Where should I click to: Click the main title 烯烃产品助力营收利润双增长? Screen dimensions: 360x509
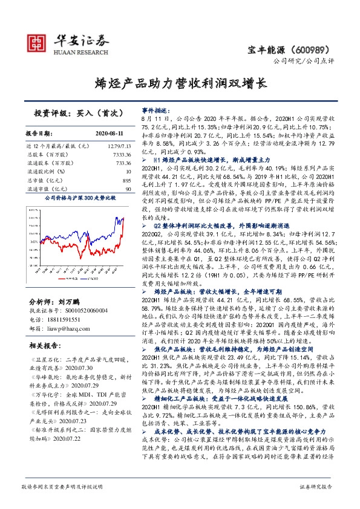pyautogui.click(x=180, y=83)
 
